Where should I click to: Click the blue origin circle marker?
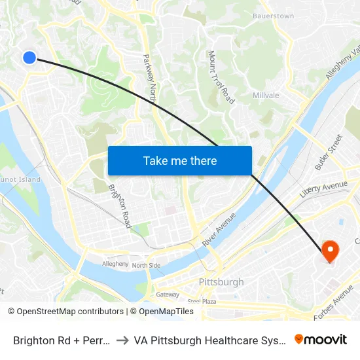[29, 58]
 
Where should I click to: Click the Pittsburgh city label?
[221, 282]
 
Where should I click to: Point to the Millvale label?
[266, 96]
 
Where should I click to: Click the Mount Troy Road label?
[221, 77]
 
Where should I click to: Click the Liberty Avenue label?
[323, 190]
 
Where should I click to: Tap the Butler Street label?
[329, 153]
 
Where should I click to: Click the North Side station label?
[146, 265]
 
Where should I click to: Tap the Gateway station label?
[168, 295]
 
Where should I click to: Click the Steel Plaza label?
[202, 302]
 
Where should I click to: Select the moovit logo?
[321, 339]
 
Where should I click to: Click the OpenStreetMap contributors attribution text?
[66, 312]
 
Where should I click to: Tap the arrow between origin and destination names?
[122, 340]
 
